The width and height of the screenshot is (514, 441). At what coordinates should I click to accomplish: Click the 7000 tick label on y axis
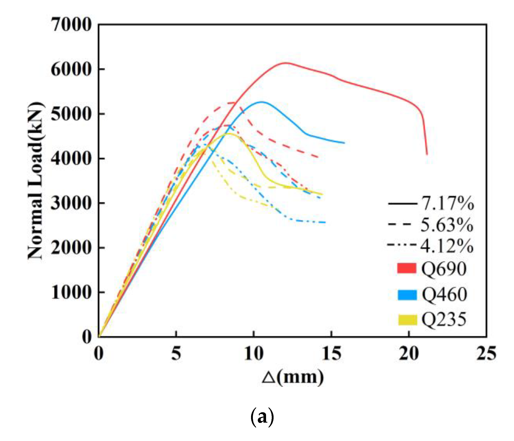(71, 25)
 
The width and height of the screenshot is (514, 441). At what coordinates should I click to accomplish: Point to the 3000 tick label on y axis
(71, 203)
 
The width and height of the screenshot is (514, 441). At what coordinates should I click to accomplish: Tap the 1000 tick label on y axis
(71, 293)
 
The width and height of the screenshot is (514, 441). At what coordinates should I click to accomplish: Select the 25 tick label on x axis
(486, 354)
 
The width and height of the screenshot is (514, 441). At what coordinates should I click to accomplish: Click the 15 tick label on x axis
(332, 354)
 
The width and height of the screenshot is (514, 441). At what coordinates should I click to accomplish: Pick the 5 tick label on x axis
(176, 354)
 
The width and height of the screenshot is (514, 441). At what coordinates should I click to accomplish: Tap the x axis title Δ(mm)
(293, 378)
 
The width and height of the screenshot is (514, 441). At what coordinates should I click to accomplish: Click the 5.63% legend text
(447, 225)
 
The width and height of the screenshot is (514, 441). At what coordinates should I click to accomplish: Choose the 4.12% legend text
(447, 246)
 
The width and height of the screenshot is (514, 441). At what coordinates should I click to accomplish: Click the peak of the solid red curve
(285, 63)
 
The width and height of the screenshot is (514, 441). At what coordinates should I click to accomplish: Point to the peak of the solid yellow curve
(229, 134)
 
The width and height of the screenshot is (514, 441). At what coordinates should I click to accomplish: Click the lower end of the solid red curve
(427, 154)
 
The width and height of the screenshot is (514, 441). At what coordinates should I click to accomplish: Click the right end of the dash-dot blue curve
(325, 222)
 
